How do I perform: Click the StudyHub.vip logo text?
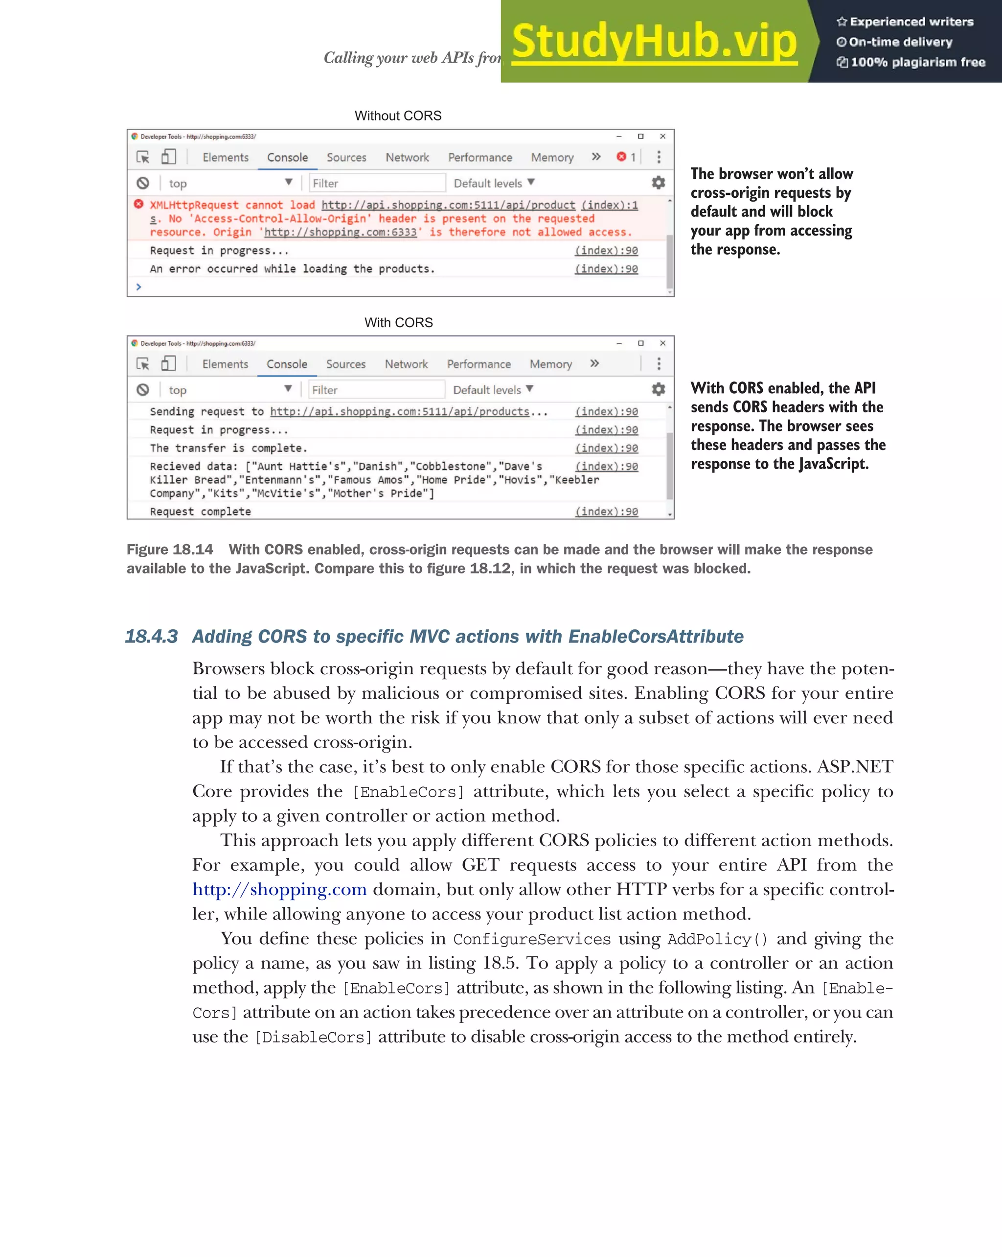(654, 42)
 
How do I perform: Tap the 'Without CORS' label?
(398, 116)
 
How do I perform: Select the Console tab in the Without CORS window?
(287, 157)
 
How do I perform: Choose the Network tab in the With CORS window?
(406, 364)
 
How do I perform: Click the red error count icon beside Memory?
(621, 156)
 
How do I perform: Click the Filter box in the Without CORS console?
(377, 183)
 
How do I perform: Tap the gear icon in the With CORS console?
(658, 389)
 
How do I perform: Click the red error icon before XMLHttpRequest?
(138, 204)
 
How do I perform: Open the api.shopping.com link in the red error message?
(448, 205)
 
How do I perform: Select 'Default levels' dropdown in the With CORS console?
(493, 389)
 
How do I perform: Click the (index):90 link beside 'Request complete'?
(607, 511)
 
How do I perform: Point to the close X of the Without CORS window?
(662, 137)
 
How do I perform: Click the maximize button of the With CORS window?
(641, 343)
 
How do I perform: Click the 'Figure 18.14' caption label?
(169, 549)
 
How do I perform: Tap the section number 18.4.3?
(152, 636)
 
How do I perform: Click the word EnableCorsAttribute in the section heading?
(656, 636)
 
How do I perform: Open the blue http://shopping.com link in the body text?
(280, 889)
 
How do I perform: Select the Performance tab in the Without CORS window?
(480, 157)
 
